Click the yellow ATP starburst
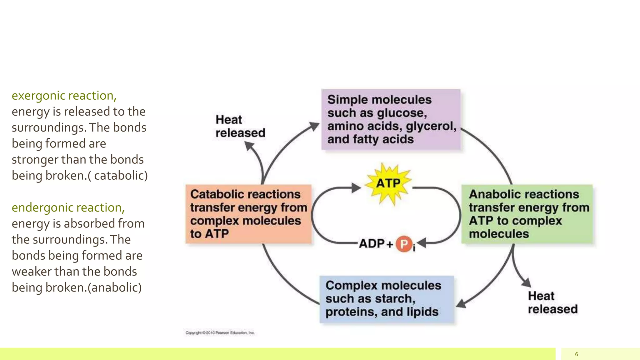[388, 184]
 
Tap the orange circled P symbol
[404, 244]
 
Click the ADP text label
[372, 243]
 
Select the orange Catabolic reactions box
[248, 214]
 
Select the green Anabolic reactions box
[527, 214]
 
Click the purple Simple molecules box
[391, 119]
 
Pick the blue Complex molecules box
[386, 299]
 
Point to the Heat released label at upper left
[240, 126]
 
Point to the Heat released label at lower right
[552, 302]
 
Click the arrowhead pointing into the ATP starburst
[356, 188]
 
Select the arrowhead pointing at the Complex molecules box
[461, 303]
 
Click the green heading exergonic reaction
[64, 96]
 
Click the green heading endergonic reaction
[68, 207]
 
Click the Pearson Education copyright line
[220, 333]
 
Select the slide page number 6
[577, 354]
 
